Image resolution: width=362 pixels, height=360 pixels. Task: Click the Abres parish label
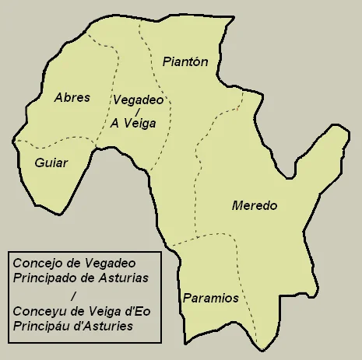pyautogui.click(x=72, y=98)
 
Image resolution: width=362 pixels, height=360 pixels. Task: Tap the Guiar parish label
pyautogui.click(x=51, y=163)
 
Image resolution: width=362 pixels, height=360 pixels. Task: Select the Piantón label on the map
pyautogui.click(x=185, y=62)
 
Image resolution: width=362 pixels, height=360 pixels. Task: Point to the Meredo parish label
pyautogui.click(x=255, y=206)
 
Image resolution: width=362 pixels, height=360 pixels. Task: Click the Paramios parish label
pyautogui.click(x=210, y=298)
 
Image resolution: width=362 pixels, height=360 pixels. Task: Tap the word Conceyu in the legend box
pyautogui.click(x=38, y=311)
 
